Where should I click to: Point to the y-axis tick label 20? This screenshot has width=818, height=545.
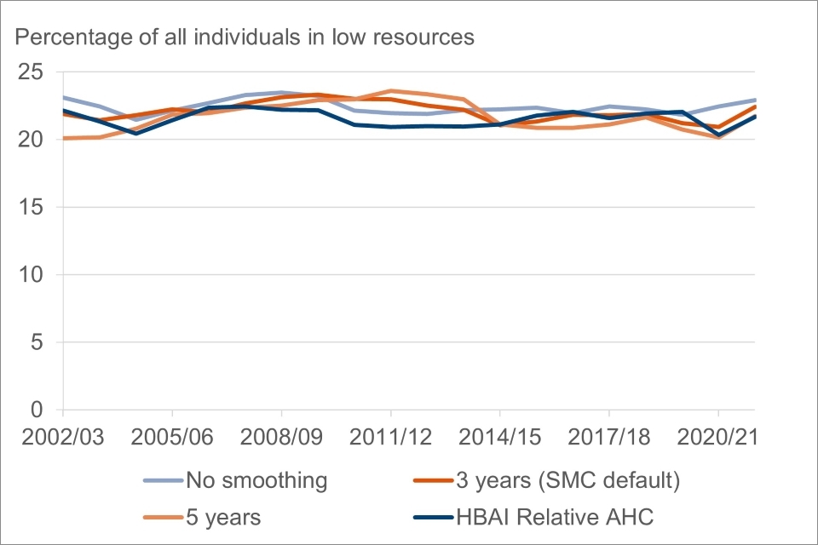[33, 139]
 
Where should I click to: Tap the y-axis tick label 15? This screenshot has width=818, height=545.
[33, 207]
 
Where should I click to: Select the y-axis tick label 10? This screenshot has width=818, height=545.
[33, 274]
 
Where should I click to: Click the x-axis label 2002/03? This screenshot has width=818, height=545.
[64, 435]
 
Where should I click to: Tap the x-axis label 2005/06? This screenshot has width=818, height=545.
[173, 435]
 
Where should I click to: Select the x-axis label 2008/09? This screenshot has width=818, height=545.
[282, 435]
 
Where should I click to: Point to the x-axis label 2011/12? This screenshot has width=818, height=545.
[391, 435]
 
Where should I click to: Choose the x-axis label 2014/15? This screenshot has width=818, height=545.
[500, 435]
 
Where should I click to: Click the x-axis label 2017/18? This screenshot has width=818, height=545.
[609, 435]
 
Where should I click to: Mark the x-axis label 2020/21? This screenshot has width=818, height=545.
[718, 435]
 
